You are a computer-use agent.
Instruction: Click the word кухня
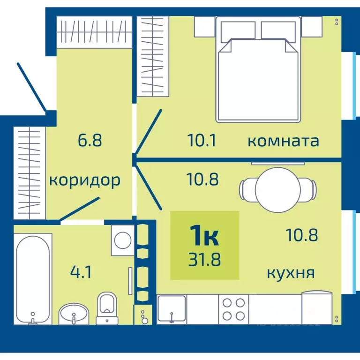point(291,272)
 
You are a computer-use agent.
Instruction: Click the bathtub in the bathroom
point(33,279)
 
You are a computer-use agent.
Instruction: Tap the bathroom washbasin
point(74,314)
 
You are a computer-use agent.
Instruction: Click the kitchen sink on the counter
point(172,309)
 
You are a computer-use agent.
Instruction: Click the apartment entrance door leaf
point(31,87)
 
